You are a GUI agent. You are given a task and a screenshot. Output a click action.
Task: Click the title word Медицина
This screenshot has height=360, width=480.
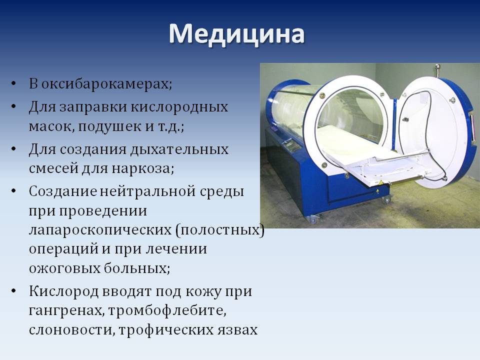[x=236, y=34]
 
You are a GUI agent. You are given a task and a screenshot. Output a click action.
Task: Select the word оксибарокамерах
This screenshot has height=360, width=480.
[x=106, y=84]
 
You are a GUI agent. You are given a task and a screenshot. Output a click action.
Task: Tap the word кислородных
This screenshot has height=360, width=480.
[x=179, y=107]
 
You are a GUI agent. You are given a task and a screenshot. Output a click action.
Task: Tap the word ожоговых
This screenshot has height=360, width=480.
[x=64, y=268]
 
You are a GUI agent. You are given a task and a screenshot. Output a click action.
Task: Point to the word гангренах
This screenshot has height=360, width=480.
[x=66, y=311]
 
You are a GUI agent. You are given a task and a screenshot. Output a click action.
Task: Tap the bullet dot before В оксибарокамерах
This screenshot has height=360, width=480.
[x=13, y=83]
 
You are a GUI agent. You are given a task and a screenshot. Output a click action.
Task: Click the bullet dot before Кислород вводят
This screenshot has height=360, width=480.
[x=13, y=291]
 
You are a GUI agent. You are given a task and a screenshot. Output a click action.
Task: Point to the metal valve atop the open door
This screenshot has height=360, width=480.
[x=438, y=70]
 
